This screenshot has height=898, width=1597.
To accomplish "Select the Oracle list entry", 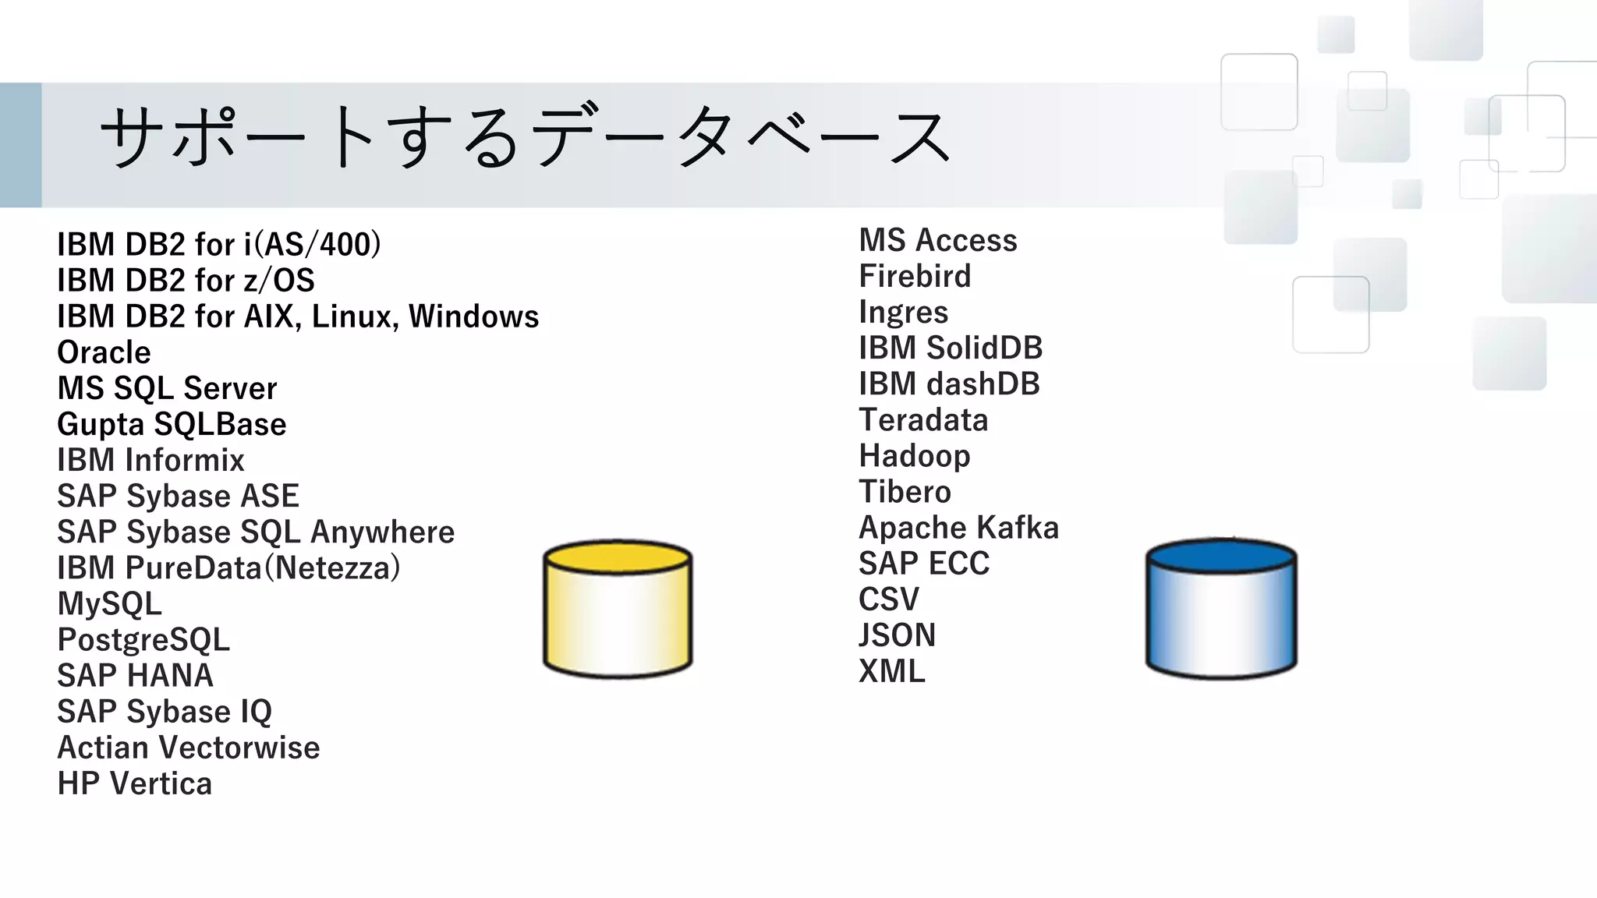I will coord(104,353).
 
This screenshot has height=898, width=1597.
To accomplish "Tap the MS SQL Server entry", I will coord(167,389).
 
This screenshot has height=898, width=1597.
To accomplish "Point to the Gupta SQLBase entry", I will coord(172,425).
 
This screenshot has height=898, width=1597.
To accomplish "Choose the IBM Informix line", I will coord(150,461).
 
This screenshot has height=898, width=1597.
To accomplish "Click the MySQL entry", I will coord(110,604).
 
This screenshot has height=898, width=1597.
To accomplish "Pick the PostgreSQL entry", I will coord(143,640).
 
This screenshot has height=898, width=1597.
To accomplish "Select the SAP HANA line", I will coord(135,676).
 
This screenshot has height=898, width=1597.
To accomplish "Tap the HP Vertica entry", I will coord(134,784).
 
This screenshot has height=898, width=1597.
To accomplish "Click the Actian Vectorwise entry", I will coord(189,748).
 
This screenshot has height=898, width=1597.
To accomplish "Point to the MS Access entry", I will coord(938,241).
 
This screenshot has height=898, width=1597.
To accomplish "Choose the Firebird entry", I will coord(915,277).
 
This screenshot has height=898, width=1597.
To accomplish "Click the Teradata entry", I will coord(923,421).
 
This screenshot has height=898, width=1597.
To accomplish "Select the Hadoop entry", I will coord(915,457).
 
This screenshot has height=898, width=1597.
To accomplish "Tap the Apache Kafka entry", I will coord(958,529).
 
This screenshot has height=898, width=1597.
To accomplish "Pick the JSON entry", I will coord(897,636).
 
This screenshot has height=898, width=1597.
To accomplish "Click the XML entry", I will coord(892,672).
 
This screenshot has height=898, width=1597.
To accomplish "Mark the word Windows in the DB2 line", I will coord(473,317).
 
